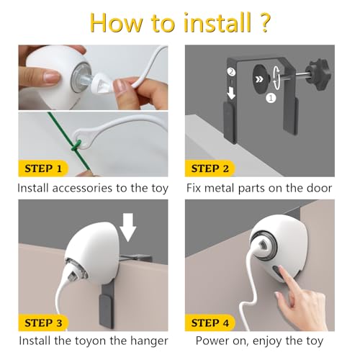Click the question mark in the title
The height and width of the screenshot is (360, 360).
(264, 22)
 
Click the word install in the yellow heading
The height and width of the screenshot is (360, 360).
(217, 22)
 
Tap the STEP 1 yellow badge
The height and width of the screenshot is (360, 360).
(43, 168)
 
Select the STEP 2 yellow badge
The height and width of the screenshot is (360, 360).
(210, 168)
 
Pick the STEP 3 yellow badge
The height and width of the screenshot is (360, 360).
(43, 323)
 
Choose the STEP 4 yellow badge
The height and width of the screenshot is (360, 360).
(210, 323)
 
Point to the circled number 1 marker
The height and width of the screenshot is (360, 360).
(271, 98)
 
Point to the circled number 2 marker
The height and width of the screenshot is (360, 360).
(231, 72)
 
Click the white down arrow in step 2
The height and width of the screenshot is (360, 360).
(231, 93)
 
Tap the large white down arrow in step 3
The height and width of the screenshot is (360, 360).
(128, 227)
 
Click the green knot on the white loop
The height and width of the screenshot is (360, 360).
(75, 145)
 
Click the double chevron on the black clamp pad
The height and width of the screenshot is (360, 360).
(259, 79)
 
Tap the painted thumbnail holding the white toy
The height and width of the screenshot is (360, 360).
(52, 77)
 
